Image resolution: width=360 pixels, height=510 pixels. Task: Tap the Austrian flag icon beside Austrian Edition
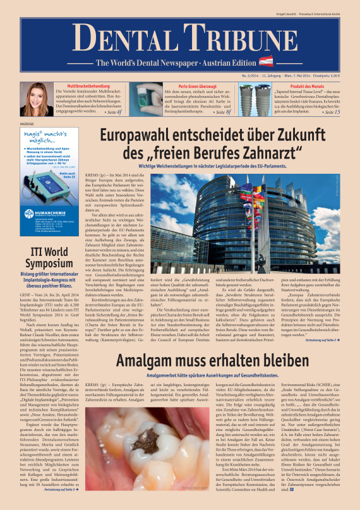266,62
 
